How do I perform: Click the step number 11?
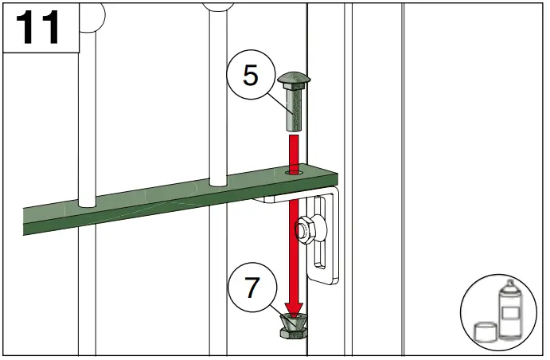(39, 28)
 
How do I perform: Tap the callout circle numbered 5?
(250, 76)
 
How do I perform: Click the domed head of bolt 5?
(294, 80)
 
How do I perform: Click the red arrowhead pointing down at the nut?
(294, 307)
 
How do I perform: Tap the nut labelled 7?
(294, 327)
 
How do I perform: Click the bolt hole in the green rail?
(294, 170)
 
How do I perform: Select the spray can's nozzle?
(506, 284)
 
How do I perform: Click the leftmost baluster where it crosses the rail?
(87, 199)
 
